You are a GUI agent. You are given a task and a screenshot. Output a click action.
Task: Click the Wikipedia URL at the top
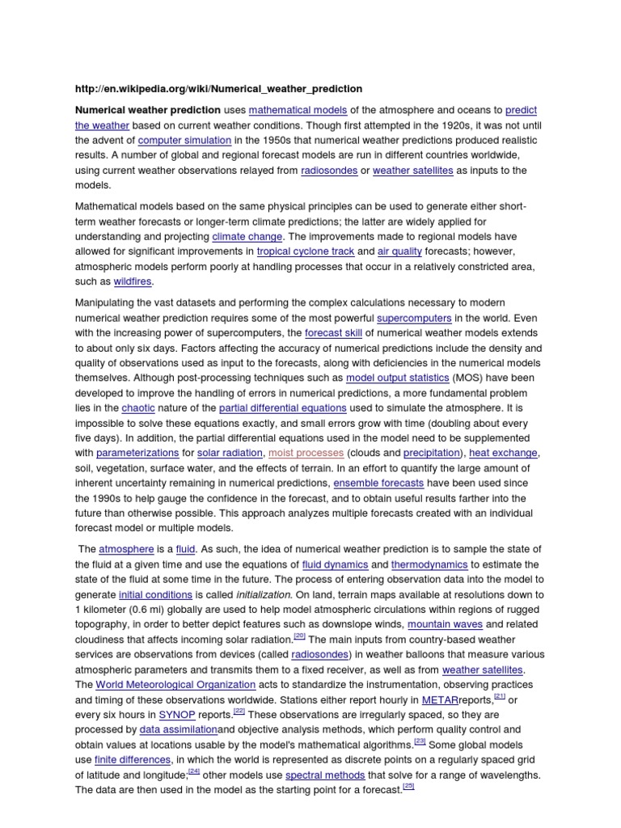218,89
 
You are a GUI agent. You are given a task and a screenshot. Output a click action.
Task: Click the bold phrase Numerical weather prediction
148,110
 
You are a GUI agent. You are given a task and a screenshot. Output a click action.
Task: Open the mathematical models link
298,110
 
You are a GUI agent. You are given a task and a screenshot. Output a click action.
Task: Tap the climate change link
247,237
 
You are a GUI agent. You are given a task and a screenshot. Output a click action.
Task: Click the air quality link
400,251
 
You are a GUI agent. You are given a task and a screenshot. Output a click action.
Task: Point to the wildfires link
133,282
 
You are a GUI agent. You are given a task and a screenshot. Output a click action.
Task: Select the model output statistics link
397,378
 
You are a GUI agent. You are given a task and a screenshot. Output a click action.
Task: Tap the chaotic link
137,408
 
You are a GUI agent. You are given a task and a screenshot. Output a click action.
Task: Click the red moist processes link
306,453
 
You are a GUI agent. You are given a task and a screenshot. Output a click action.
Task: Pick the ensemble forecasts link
379,484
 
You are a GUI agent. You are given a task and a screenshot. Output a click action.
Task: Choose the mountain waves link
446,625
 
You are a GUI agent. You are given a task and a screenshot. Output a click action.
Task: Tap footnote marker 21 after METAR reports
499,696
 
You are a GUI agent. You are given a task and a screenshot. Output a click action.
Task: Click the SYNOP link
177,716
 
